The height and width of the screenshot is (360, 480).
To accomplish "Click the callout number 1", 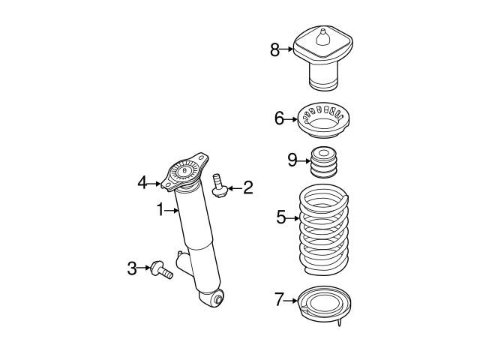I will tap(160, 211).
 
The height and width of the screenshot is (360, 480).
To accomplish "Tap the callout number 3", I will tap(132, 267).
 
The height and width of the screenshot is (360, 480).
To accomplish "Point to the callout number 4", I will tap(142, 181).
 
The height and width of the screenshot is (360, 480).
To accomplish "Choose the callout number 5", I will tap(281, 217).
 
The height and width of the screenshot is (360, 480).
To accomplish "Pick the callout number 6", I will tap(279, 119).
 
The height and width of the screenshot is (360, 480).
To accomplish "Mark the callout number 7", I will tap(280, 300).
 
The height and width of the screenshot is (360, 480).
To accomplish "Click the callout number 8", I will tap(275, 50).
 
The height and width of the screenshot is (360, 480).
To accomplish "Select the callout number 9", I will tap(292, 159).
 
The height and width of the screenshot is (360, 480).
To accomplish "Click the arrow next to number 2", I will tap(233, 188).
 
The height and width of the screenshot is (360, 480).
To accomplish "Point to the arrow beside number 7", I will tap(293, 300).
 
